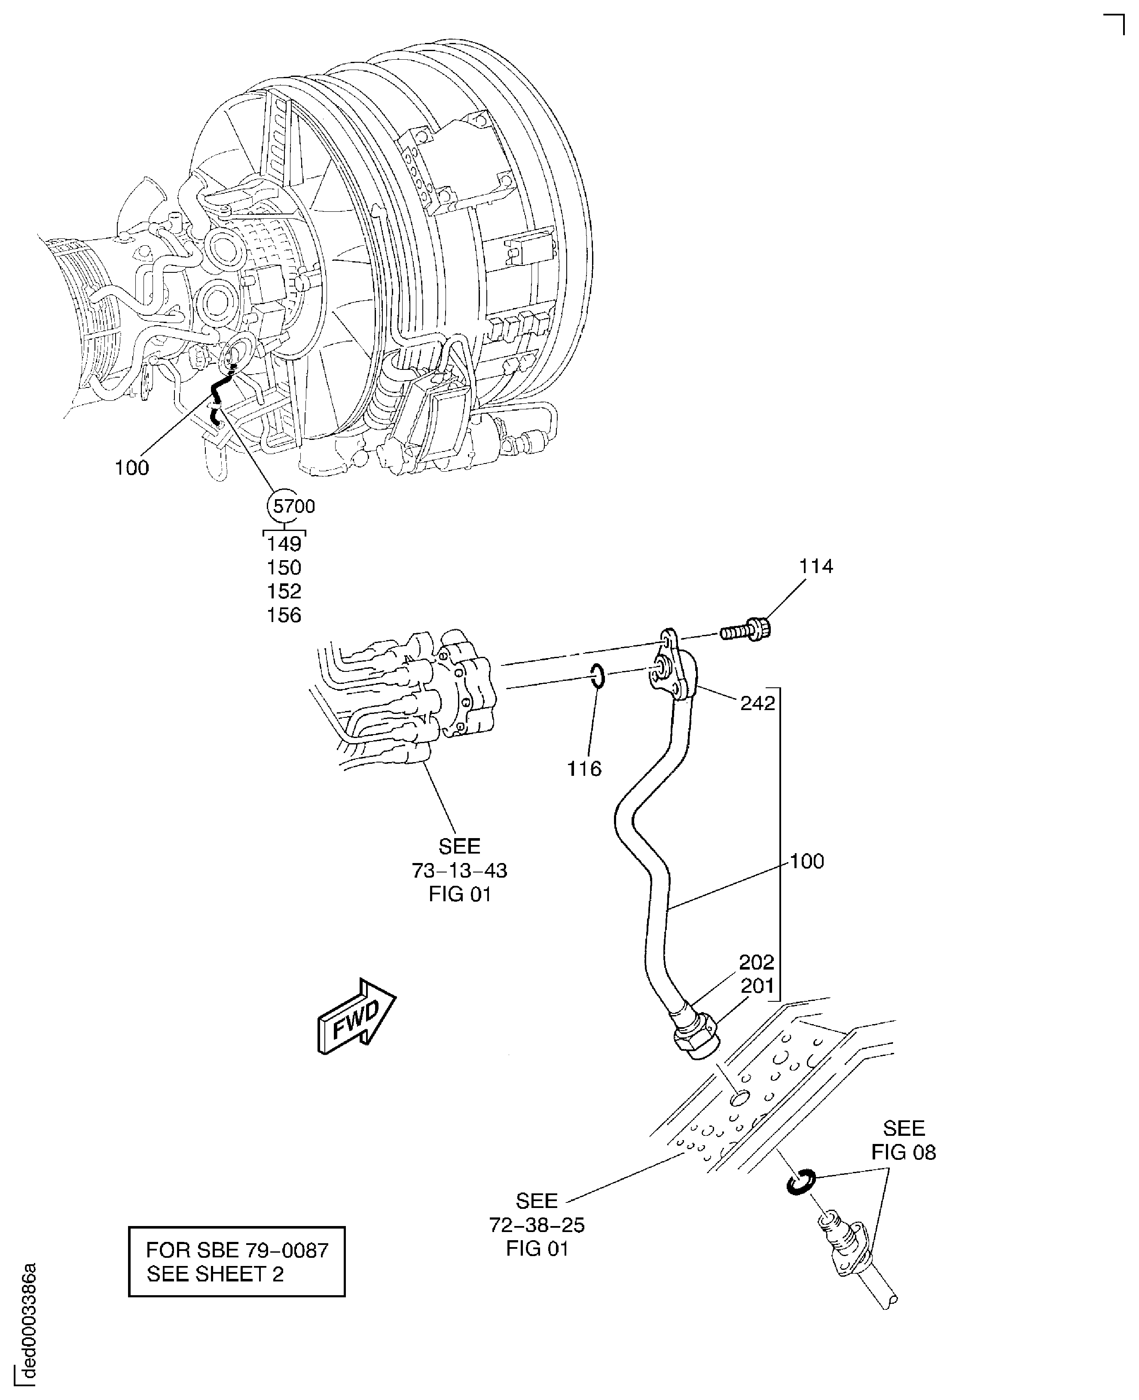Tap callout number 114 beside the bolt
point(815,566)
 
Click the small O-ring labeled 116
point(597,677)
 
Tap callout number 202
point(757,962)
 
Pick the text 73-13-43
point(459,871)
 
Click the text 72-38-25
point(537,1225)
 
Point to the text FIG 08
point(904,1152)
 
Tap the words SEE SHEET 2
point(215,1274)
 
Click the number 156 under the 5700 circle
point(284,615)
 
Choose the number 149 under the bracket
point(284,544)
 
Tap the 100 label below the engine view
point(132,468)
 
